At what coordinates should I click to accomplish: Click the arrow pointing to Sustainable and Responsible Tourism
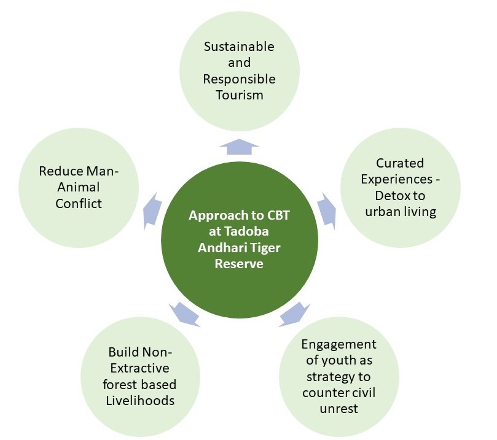point(239,145)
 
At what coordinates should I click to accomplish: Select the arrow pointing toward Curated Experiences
point(326,207)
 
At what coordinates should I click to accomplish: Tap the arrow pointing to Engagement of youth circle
point(293,314)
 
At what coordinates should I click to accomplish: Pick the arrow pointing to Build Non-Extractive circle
point(184,314)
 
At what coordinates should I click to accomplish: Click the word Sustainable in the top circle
point(239,47)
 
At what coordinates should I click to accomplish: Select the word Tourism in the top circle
point(239,95)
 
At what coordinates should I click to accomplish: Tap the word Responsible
point(239,79)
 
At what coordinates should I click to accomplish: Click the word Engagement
point(339,344)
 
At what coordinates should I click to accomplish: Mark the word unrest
point(339,408)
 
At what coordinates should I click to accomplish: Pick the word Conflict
point(79,203)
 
